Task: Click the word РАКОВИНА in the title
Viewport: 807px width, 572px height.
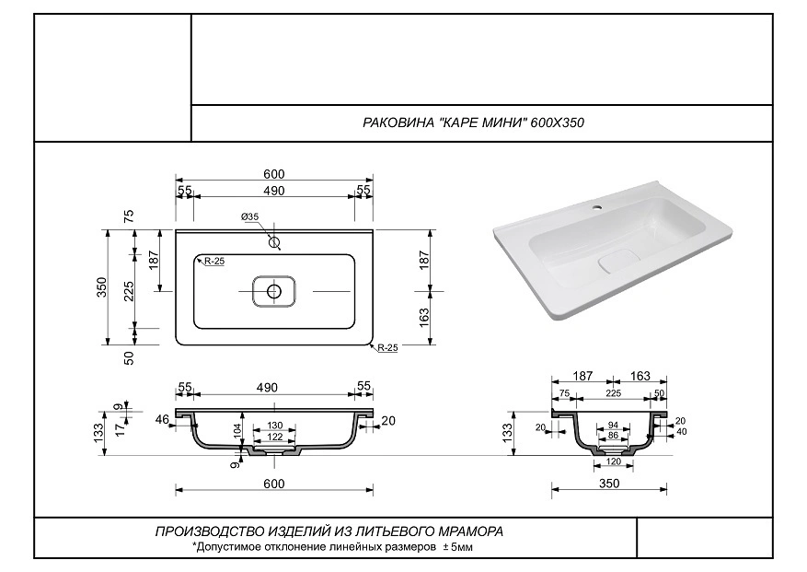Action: [398, 123]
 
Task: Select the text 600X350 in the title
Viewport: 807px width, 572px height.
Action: [558, 123]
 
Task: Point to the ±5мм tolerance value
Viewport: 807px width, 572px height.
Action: [457, 547]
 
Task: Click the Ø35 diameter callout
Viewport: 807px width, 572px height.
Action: [249, 217]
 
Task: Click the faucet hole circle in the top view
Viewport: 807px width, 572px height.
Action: [274, 241]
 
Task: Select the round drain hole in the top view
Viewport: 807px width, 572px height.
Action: [274, 291]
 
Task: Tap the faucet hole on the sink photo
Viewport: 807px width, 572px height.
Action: [597, 209]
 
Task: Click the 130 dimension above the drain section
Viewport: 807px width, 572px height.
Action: [275, 426]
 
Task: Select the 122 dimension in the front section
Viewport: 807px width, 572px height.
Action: [275, 437]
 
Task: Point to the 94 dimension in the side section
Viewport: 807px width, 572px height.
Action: [613, 426]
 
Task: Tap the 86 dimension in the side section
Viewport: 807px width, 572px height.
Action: [613, 436]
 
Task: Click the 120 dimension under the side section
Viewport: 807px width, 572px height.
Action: [614, 461]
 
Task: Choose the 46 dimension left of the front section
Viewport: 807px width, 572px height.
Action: [162, 419]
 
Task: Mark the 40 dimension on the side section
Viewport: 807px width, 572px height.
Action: [682, 432]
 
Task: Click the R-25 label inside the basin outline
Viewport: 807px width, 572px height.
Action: [214, 262]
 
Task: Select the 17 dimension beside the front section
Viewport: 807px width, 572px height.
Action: [120, 429]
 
